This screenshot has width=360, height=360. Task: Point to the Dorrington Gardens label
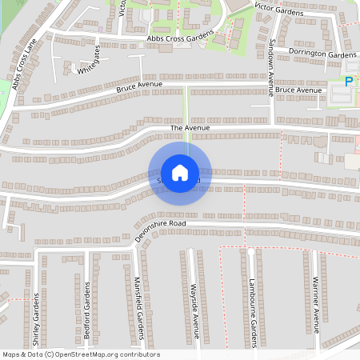[322, 54]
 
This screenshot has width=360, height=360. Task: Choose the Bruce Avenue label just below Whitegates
[139, 86]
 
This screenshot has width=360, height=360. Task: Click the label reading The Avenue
[189, 128]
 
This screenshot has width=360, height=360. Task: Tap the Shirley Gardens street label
[36, 316]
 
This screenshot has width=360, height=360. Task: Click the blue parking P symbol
[348, 81]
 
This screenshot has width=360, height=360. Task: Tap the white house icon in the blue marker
[180, 172]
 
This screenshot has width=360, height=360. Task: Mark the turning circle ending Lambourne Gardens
[250, 252]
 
